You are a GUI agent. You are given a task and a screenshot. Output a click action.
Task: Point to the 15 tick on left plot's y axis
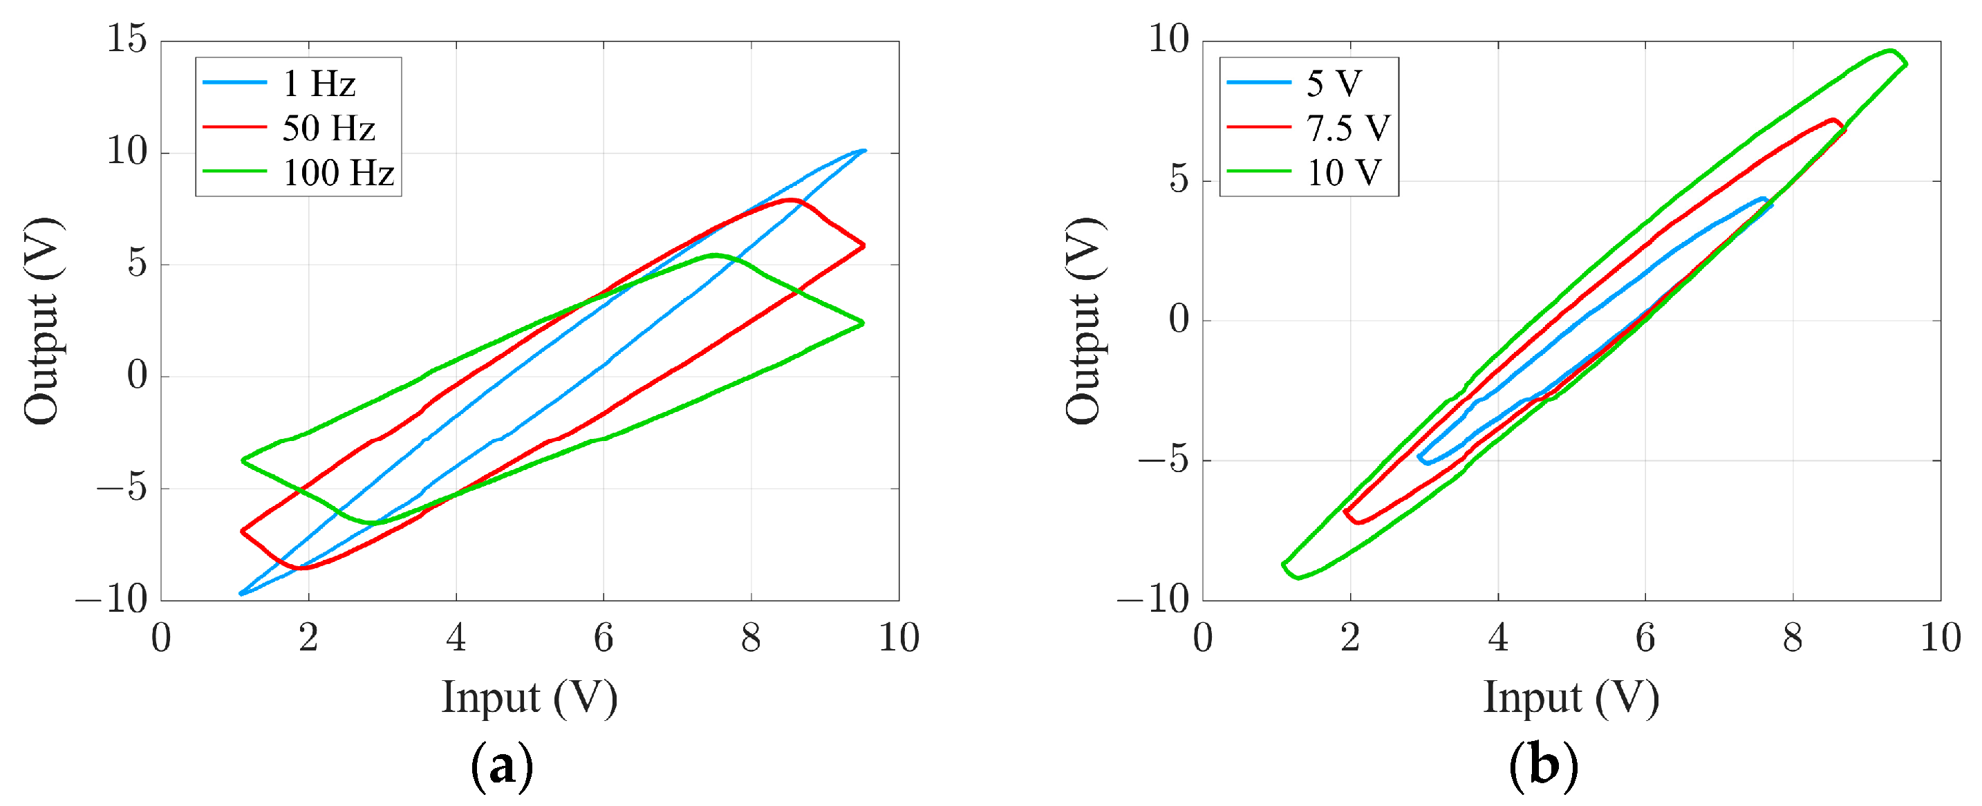click(x=127, y=39)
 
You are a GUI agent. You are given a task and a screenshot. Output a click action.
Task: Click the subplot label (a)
click(x=502, y=766)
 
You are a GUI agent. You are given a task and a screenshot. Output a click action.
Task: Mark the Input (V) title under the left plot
click(x=530, y=697)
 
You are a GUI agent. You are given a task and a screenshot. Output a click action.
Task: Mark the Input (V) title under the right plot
click(x=1571, y=697)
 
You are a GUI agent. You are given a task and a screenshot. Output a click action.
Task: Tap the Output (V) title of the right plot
click(x=1085, y=321)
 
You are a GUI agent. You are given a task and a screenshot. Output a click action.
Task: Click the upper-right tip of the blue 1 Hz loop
click(x=864, y=151)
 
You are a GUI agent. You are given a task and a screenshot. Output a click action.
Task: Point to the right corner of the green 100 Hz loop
click(x=863, y=323)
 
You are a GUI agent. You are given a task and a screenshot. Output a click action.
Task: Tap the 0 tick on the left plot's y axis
click(x=137, y=376)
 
